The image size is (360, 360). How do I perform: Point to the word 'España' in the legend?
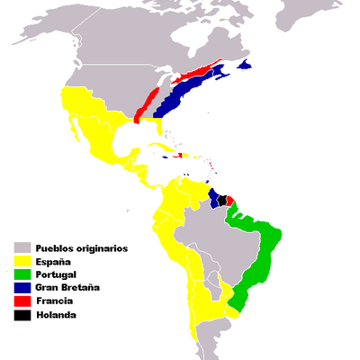(54, 261)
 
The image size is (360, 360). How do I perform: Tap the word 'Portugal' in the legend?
(58, 274)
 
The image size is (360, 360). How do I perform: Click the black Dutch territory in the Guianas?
(222, 200)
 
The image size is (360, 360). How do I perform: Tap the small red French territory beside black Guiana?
(229, 199)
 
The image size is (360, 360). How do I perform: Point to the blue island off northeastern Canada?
(244, 66)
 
